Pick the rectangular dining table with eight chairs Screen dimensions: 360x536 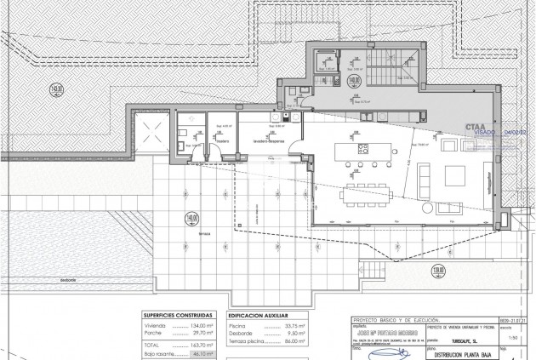click(367, 194)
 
